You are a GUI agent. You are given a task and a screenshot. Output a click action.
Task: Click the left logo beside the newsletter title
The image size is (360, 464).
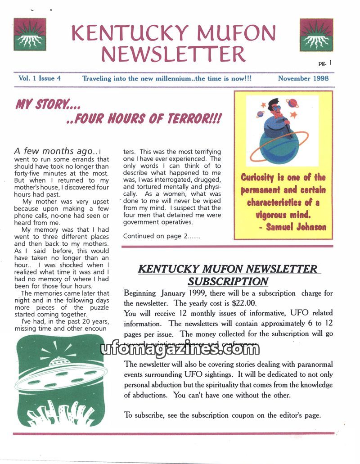click(30, 35)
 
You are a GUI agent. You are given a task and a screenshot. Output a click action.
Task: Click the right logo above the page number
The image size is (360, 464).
click(316, 35)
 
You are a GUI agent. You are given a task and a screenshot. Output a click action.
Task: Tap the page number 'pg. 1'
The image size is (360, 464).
click(324, 63)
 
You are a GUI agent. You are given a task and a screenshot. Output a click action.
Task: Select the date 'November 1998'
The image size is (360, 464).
click(303, 78)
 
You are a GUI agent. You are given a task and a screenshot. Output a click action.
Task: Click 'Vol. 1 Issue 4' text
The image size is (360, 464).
click(40, 78)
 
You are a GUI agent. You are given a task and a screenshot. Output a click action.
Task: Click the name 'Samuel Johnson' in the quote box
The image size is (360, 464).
click(296, 227)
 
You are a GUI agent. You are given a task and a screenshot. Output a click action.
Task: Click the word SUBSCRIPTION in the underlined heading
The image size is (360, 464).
click(228, 282)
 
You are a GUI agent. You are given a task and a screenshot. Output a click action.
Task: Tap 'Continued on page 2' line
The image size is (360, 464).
click(162, 236)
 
